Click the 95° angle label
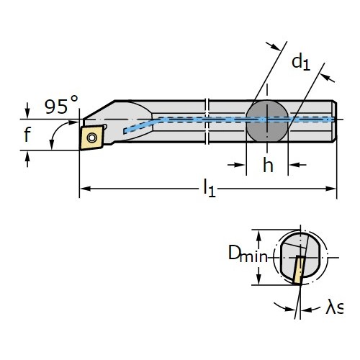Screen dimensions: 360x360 click(61, 104)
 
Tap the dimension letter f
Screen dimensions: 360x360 click(27, 135)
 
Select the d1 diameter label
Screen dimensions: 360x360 click(301, 62)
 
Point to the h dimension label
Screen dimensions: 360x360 click(268, 165)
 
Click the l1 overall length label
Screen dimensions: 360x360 click(210, 188)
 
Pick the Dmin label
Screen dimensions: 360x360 click(248, 253)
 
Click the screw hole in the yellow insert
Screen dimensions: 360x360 click(92, 138)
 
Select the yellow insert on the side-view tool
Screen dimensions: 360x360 click(91, 138)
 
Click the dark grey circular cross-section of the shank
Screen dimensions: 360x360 click(267, 121)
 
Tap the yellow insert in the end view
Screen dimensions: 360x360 click(300, 270)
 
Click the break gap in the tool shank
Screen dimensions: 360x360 click(207, 121)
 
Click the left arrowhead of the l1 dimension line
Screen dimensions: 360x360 click(85, 189)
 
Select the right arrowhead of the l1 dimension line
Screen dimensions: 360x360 click(330, 189)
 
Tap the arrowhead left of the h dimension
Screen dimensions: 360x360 click(240, 165)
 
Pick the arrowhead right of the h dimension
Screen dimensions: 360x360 click(294, 165)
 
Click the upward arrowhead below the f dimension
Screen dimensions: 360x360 click(27, 156)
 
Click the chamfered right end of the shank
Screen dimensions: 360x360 click(334, 121)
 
